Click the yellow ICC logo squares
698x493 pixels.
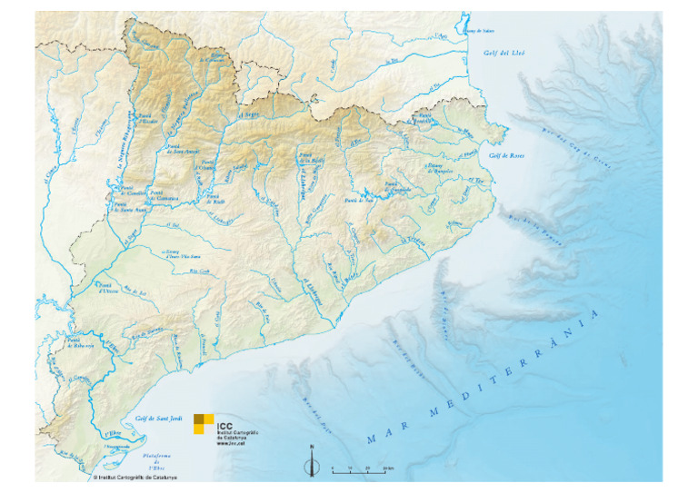[x=204, y=423]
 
